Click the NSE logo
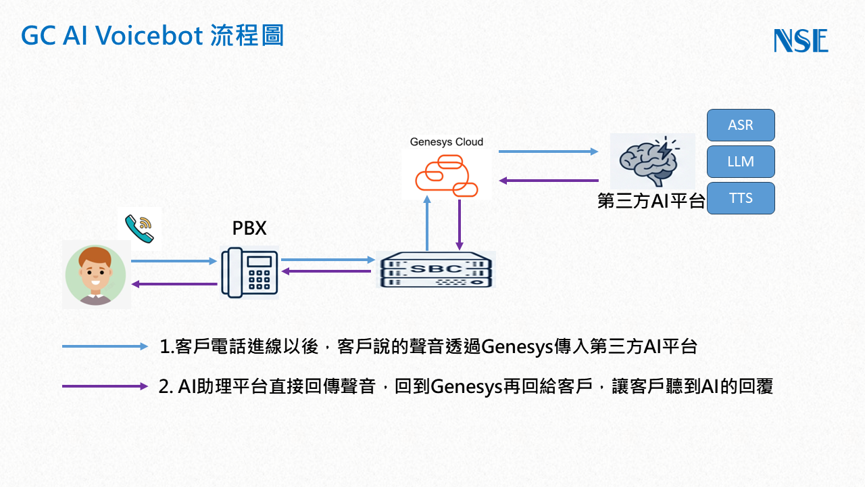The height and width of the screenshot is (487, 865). pyautogui.click(x=801, y=41)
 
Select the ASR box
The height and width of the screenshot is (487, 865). pyautogui.click(x=741, y=125)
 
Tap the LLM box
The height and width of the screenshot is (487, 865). pyautogui.click(x=741, y=162)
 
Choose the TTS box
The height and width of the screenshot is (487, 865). pyautogui.click(x=741, y=198)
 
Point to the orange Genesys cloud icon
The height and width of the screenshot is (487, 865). pyautogui.click(x=446, y=175)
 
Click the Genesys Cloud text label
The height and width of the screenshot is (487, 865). pyautogui.click(x=447, y=142)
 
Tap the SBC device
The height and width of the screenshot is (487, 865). pyautogui.click(x=435, y=269)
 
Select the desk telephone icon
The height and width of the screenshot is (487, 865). pyautogui.click(x=249, y=272)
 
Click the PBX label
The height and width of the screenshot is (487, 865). pyautogui.click(x=249, y=229)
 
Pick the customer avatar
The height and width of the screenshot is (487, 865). pyautogui.click(x=95, y=276)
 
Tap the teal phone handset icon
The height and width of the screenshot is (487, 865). pyautogui.click(x=140, y=228)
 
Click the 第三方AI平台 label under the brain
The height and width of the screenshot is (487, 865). pyautogui.click(x=651, y=202)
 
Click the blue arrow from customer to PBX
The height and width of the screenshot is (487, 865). pyautogui.click(x=174, y=260)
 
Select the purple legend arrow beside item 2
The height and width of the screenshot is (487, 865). pyautogui.click(x=105, y=386)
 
